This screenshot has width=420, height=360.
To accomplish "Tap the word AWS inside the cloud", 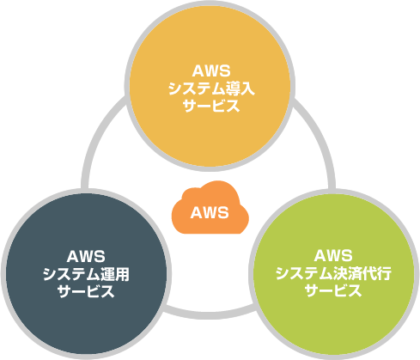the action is (x=210, y=213).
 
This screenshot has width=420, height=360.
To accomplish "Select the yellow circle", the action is (x=210, y=86).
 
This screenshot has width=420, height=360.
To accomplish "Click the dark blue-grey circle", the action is (x=86, y=274).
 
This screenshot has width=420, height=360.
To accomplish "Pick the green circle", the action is (x=334, y=274).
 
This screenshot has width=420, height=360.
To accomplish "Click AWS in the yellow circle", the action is (x=211, y=71).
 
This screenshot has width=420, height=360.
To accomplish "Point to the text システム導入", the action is (x=211, y=88).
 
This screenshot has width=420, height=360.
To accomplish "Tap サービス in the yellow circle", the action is (x=211, y=106).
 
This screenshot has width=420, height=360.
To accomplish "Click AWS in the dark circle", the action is (x=86, y=257).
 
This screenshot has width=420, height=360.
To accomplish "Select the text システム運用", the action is (x=86, y=274).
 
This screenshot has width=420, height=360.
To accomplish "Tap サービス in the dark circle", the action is (x=86, y=291).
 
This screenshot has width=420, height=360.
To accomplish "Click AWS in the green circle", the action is (x=333, y=255).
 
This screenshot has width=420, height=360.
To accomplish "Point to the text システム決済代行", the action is (x=333, y=273).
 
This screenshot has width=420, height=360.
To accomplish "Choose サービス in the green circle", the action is (x=333, y=290).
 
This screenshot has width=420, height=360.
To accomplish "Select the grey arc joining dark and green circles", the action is (x=210, y=314).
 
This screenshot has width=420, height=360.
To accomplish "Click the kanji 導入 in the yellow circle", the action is (x=240, y=88).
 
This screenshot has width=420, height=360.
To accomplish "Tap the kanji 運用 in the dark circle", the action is (x=115, y=274).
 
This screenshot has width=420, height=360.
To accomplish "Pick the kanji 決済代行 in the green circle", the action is (x=362, y=273).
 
